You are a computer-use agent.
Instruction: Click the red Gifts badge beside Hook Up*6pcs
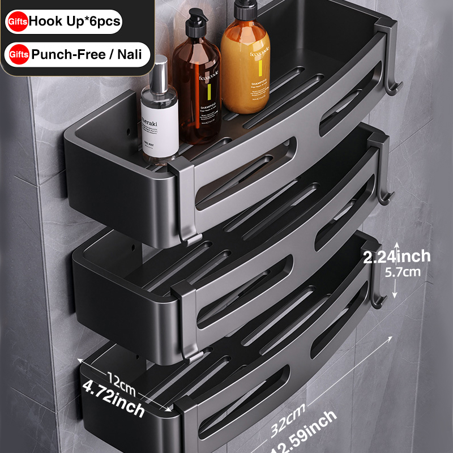(x=16, y=22)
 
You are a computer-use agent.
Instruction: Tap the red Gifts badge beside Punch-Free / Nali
(x=16, y=55)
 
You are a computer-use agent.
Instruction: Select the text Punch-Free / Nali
(x=86, y=55)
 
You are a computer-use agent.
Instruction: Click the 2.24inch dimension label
(x=397, y=257)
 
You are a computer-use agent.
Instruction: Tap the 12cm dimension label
(x=121, y=375)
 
